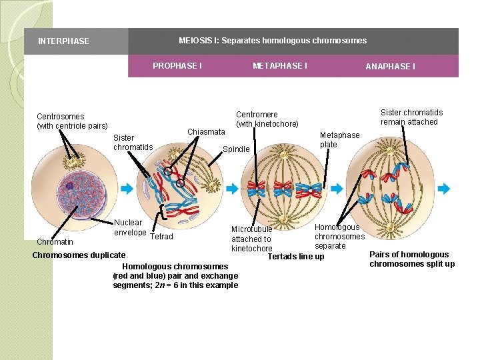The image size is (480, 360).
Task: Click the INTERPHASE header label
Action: coord(63,41)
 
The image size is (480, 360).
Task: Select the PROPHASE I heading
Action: coord(177,66)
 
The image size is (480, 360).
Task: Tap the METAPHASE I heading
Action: coord(280,66)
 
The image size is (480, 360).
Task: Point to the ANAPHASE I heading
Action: coord(390,67)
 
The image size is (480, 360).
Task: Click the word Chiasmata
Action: coord(206,132)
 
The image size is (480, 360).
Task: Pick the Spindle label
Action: coord(236,149)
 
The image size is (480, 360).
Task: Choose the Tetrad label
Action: coord(162,237)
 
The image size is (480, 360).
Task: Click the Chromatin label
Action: coord(55,242)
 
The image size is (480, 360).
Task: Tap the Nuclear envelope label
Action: coord(128,227)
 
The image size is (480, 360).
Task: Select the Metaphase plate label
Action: coord(339,140)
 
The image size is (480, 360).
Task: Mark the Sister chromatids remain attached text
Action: coord(411,117)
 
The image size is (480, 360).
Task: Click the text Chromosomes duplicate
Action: coord(79,255)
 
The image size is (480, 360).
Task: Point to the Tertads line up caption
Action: coord(296,257)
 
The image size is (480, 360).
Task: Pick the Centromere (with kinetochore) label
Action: coord(267,119)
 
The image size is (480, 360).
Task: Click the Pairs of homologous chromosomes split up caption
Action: coord(412,259)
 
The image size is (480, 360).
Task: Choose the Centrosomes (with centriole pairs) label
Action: coord(72,121)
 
